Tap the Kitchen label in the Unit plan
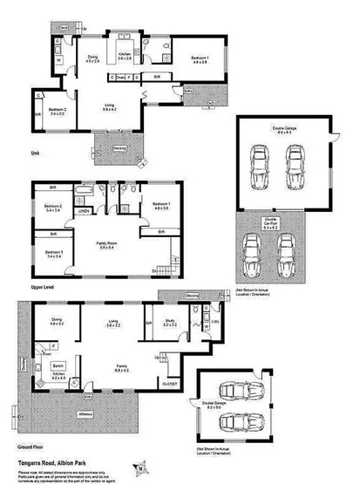(126, 58)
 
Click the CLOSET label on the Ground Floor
(169, 381)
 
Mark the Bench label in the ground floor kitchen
(58, 365)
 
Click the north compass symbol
(137, 467)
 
